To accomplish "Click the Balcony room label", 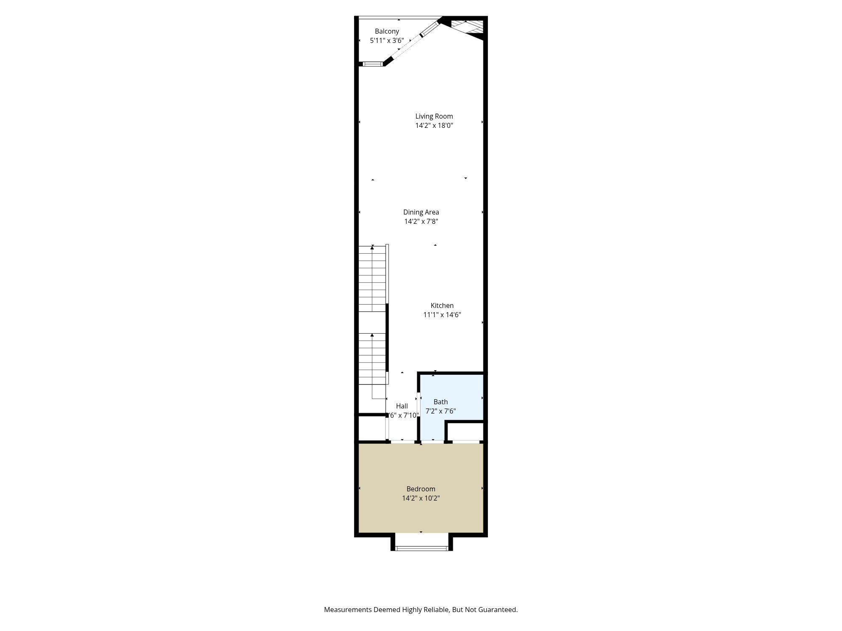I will click(x=387, y=31).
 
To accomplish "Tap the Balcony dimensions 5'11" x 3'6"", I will click(x=387, y=41).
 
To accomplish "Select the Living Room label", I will click(x=434, y=117).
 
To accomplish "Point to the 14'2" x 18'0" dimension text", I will click(x=434, y=126).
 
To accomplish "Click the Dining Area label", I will click(x=421, y=212).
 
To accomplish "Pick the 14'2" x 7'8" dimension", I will click(x=421, y=222).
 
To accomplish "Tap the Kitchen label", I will click(x=442, y=306).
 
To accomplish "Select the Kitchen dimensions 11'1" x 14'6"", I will click(x=442, y=315).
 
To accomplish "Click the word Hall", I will click(x=402, y=406).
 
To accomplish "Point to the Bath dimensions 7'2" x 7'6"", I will click(x=441, y=411).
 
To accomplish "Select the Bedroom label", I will click(x=421, y=489).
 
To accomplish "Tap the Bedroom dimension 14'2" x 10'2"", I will click(x=421, y=498).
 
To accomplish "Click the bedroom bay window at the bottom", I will click(x=421, y=548).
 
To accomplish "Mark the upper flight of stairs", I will click(x=372, y=278).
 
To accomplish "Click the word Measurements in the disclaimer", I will click(x=348, y=610).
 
